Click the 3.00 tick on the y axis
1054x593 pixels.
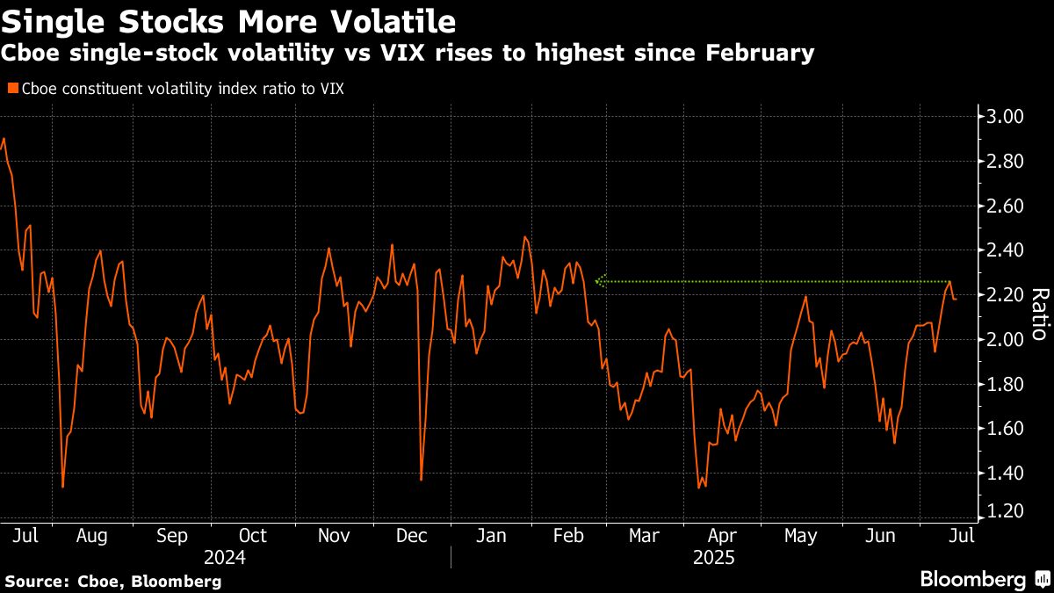pos(1007,117)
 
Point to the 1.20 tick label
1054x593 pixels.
pos(1007,511)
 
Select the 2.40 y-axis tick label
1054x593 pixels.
pos(1007,250)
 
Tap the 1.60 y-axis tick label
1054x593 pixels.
pos(1007,429)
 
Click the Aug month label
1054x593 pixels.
pos(92,536)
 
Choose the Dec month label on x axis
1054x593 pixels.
pos(412,536)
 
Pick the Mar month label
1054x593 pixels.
pos(644,536)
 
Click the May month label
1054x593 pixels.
pos(800,536)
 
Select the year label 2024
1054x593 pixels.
pos(224,558)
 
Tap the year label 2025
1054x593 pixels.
pos(714,558)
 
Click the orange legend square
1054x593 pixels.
pos(11,89)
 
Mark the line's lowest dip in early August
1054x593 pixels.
pos(63,486)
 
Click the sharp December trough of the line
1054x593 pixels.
pos(422,479)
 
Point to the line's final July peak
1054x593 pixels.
pos(949,282)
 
